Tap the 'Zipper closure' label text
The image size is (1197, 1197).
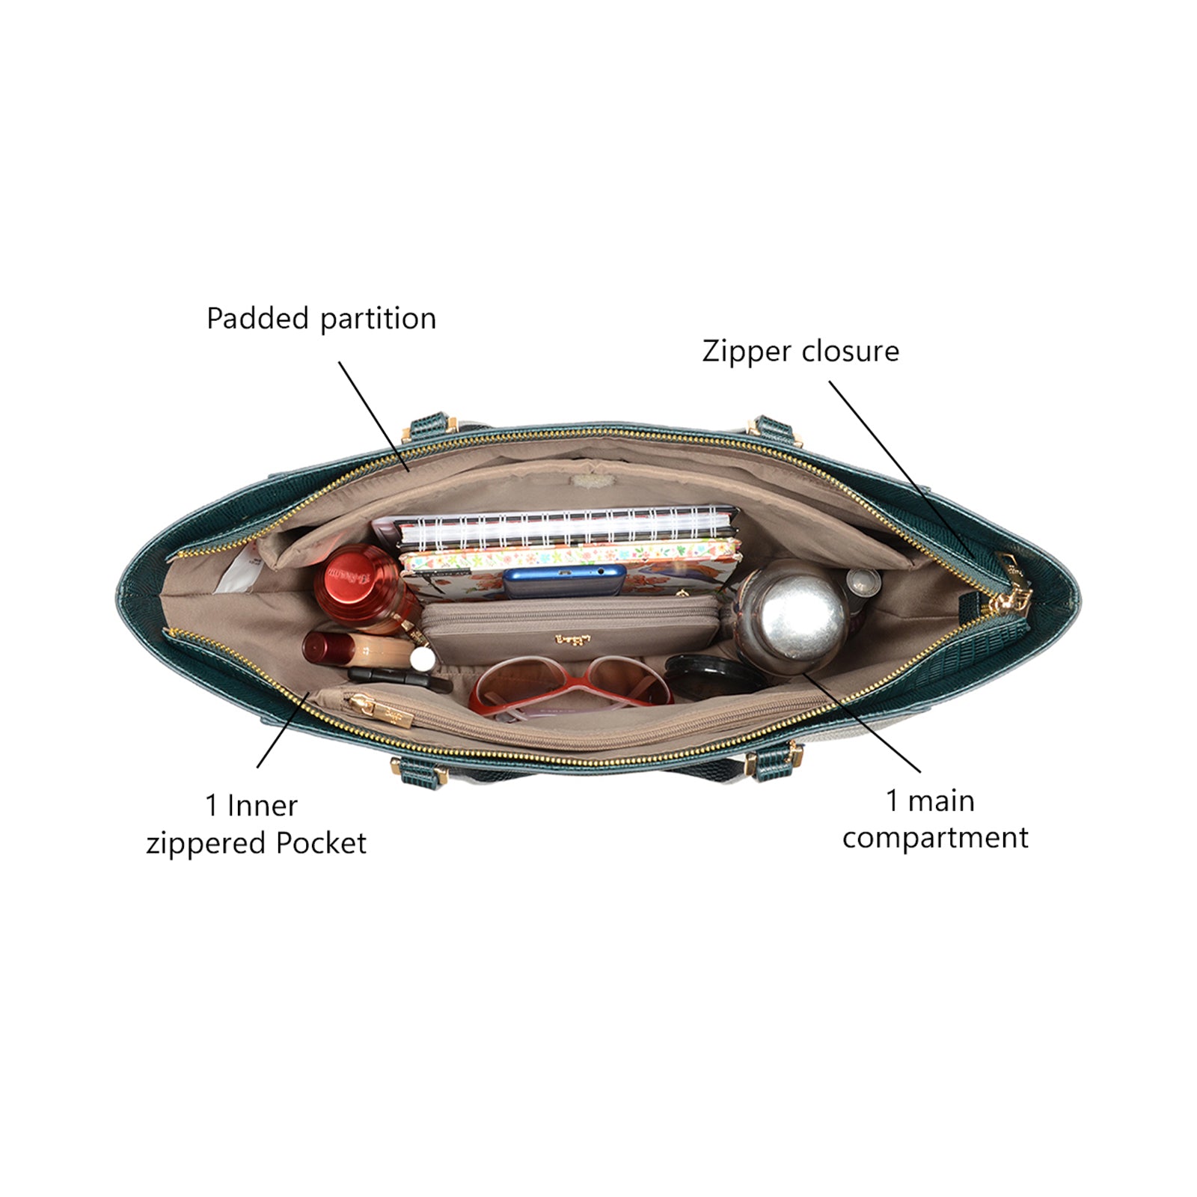[800, 352]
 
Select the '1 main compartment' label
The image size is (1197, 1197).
[934, 819]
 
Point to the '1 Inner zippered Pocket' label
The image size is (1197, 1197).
[256, 824]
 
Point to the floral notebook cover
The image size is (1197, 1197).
[569, 557]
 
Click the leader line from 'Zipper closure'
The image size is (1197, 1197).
[898, 468]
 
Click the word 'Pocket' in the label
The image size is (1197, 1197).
[321, 844]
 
